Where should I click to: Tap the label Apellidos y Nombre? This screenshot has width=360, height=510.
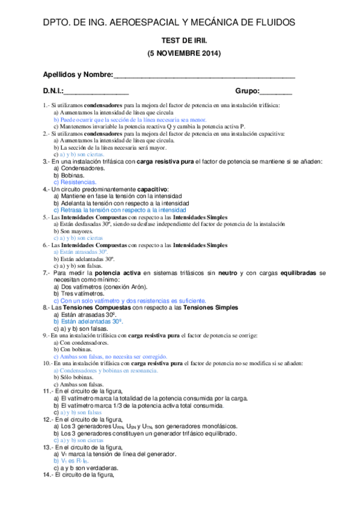(x=78, y=75)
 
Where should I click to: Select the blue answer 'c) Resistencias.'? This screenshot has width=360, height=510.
(x=75, y=182)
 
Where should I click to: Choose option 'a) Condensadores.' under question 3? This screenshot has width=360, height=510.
(x=79, y=168)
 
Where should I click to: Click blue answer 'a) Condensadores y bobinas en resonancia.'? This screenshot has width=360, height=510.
(x=106, y=370)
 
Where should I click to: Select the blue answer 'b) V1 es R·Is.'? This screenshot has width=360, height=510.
(x=70, y=461)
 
